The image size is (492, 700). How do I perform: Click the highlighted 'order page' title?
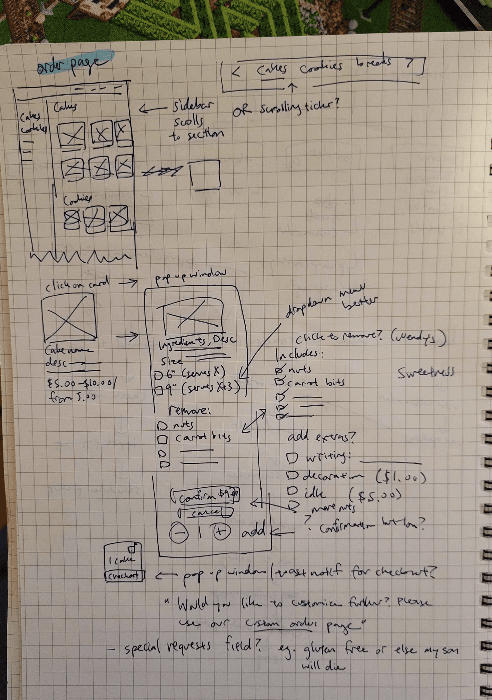(73, 64)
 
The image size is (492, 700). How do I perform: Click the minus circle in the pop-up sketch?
(179, 533)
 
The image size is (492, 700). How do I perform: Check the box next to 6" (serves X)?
(158, 376)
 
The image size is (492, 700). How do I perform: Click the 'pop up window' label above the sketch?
(191, 278)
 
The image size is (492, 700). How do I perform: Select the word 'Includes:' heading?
(298, 355)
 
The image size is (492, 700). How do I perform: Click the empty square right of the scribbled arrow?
(205, 174)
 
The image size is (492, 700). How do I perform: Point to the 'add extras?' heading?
(321, 437)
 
